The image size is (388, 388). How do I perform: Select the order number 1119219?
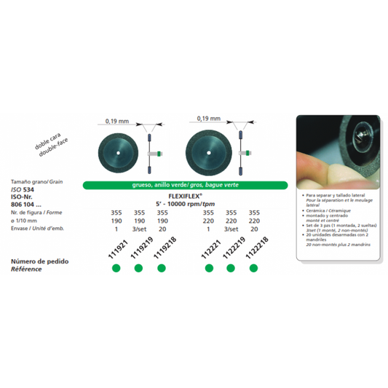[x=139, y=250]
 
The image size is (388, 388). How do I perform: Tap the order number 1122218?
[x=255, y=250]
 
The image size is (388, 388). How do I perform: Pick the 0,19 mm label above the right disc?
[x=208, y=116]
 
